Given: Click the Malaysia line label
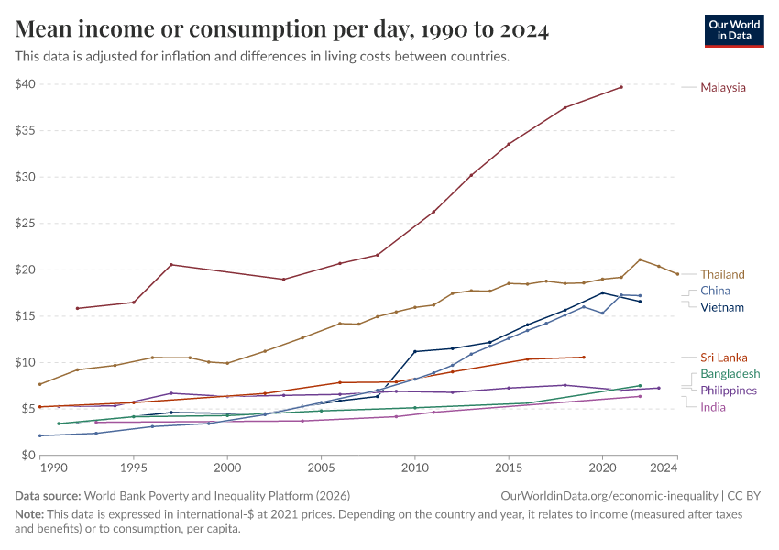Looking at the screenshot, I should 722,88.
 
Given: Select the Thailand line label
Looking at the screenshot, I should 722,274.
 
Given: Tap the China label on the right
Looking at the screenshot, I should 715,291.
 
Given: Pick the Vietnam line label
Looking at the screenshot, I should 721,307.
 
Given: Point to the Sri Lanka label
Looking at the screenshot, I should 723,357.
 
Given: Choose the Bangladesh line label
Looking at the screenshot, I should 730,374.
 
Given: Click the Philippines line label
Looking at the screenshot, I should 728,390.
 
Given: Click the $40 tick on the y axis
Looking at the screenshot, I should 25,84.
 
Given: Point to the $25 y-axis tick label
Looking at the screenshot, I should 25,224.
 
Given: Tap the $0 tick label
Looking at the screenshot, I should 28,455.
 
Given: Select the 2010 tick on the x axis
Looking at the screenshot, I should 414,467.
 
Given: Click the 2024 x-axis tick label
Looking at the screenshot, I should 664,467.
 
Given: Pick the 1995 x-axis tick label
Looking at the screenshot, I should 134,467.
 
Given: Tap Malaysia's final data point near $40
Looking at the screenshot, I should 621,87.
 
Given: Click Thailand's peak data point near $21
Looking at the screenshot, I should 640,259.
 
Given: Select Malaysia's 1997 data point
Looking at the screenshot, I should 171,265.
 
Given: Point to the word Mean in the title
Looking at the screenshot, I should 45,31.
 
